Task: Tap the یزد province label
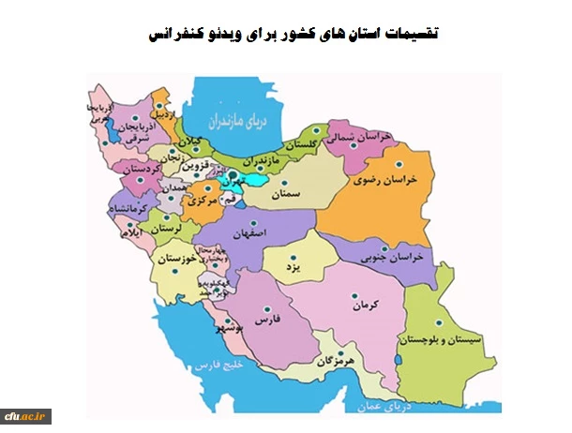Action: [x=291, y=267]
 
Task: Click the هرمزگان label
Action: [x=339, y=360]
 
